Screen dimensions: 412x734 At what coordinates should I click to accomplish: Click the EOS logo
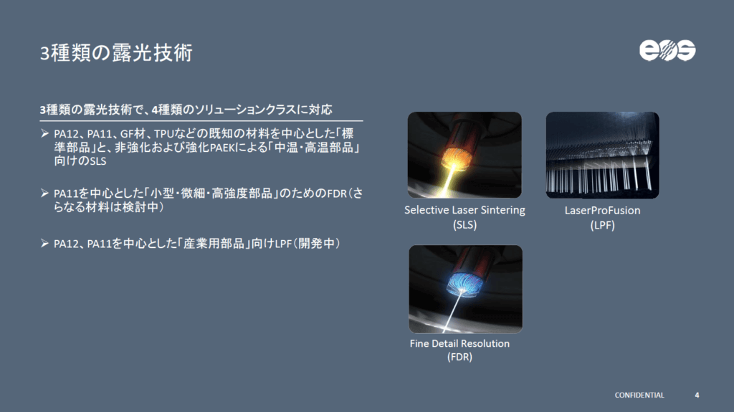(x=667, y=50)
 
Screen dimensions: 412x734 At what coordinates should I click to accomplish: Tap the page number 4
(x=697, y=395)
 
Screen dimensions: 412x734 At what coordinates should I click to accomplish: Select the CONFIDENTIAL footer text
(x=639, y=395)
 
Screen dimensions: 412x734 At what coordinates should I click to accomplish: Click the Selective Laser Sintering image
(x=464, y=155)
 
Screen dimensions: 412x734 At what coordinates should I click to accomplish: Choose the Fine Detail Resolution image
(x=465, y=289)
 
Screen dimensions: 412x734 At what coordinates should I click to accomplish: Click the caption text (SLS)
(x=464, y=224)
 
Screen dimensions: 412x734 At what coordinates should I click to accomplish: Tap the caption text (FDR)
(x=459, y=358)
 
